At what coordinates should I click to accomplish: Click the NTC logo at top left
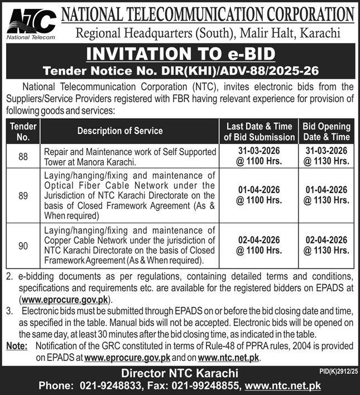(x=32, y=22)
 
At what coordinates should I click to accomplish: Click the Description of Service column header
(x=120, y=131)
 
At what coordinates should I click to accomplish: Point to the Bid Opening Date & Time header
(x=327, y=131)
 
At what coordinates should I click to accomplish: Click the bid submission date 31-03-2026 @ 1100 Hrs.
(x=258, y=157)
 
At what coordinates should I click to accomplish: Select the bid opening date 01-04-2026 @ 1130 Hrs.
(x=327, y=195)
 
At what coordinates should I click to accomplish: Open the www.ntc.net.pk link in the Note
(x=229, y=357)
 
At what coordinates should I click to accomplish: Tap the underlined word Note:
(x=17, y=346)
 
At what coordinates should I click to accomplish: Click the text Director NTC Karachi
(x=180, y=373)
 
